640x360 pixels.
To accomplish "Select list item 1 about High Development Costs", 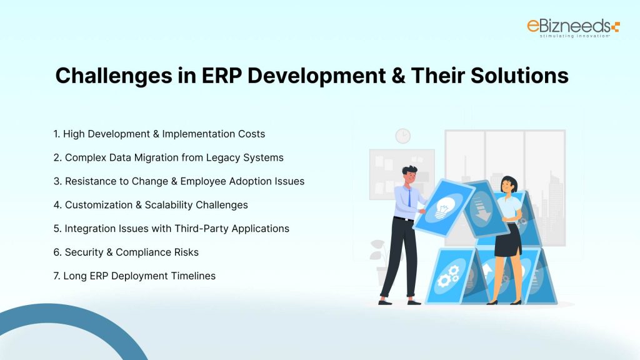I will coord(159,134).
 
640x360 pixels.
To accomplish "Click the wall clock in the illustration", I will coord(403,136).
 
